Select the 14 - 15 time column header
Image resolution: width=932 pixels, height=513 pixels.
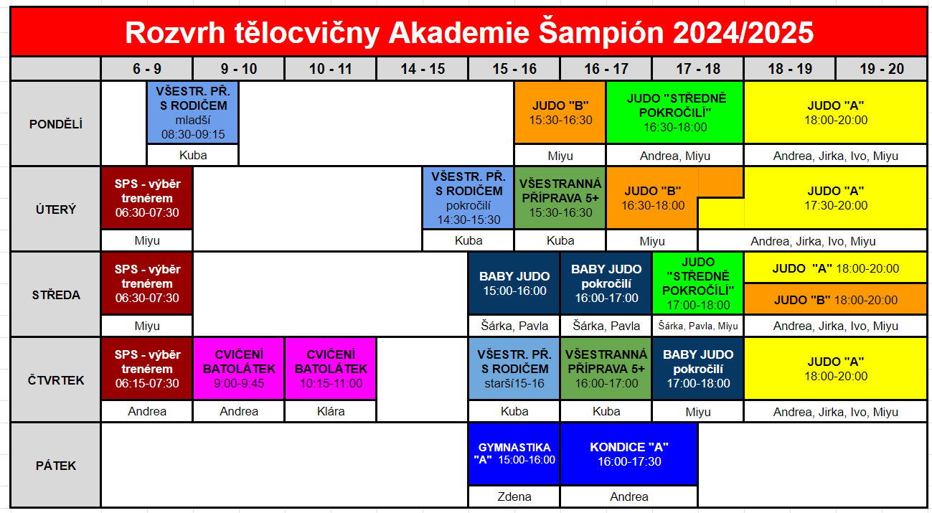point(423,69)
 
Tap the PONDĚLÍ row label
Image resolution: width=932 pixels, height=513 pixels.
point(56,124)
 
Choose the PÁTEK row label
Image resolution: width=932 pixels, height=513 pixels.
point(56,465)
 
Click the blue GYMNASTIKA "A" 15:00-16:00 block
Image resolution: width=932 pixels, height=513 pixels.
point(514,453)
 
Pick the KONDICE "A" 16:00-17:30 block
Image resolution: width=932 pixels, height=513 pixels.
point(629,453)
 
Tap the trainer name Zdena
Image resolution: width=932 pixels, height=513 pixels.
point(514,496)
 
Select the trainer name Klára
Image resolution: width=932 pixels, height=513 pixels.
point(331,411)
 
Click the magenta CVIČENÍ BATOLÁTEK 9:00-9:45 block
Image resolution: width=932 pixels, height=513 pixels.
point(239,369)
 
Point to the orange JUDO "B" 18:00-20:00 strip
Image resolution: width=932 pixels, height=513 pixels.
point(835,299)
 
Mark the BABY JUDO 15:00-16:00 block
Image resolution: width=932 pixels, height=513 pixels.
point(514,283)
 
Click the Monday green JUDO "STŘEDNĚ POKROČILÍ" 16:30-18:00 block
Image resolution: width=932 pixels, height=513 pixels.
point(675,113)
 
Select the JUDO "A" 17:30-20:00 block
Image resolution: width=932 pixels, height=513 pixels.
point(835,198)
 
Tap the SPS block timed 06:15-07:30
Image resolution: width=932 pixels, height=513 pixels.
point(147,369)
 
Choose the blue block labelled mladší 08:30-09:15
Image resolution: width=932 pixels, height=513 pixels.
point(192,113)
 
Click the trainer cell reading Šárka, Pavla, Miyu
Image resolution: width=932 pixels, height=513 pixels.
point(698,326)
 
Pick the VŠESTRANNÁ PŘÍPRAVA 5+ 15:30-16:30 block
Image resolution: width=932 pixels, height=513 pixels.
point(560,198)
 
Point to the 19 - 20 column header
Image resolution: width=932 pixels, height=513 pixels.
point(882,69)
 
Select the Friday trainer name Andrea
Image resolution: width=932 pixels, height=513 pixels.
point(629,496)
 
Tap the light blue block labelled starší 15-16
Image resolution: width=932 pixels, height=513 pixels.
point(514,369)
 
